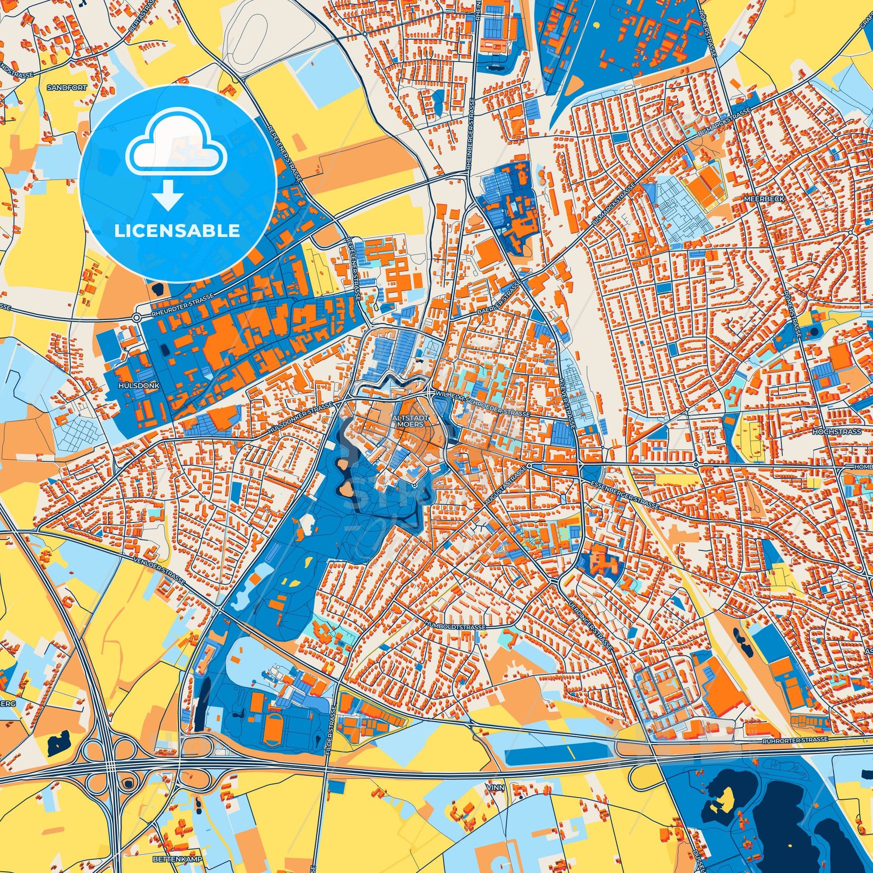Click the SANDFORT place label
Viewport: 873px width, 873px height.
[x=66, y=87]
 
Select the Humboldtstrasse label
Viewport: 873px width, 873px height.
[x=455, y=628]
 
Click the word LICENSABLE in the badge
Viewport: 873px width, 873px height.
[x=177, y=231]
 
